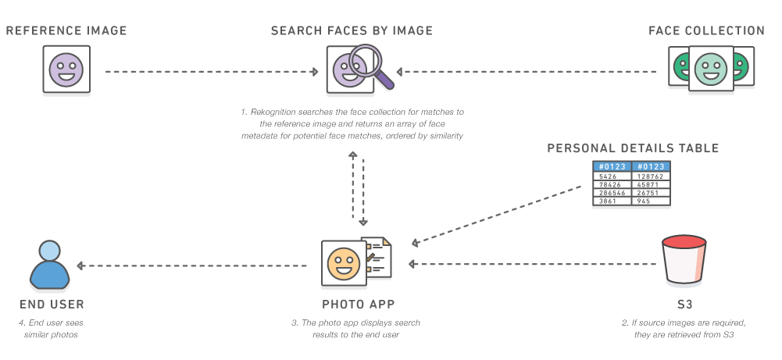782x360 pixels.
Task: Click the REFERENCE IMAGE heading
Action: [x=66, y=30]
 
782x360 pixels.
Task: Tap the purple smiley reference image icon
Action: [x=66, y=70]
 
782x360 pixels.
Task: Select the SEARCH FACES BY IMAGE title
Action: [x=352, y=30]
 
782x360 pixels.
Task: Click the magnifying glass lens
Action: [x=366, y=60]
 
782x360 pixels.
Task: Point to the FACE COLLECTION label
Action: [x=706, y=30]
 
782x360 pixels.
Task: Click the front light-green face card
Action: [x=711, y=69]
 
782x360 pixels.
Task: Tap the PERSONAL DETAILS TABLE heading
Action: [x=633, y=148]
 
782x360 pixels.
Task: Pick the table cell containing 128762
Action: [x=651, y=176]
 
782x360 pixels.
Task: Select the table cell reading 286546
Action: [x=612, y=193]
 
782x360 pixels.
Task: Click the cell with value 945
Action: [x=651, y=201]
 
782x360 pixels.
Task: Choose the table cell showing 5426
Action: [x=612, y=176]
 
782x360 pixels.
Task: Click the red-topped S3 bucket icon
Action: [x=684, y=260]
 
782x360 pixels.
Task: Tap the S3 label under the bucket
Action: [x=684, y=304]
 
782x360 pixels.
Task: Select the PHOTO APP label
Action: [x=358, y=304]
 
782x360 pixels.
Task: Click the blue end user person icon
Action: [x=50, y=266]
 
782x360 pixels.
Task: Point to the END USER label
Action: [x=52, y=304]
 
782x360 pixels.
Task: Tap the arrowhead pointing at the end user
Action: [x=80, y=266]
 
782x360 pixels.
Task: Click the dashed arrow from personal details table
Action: [x=497, y=216]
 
